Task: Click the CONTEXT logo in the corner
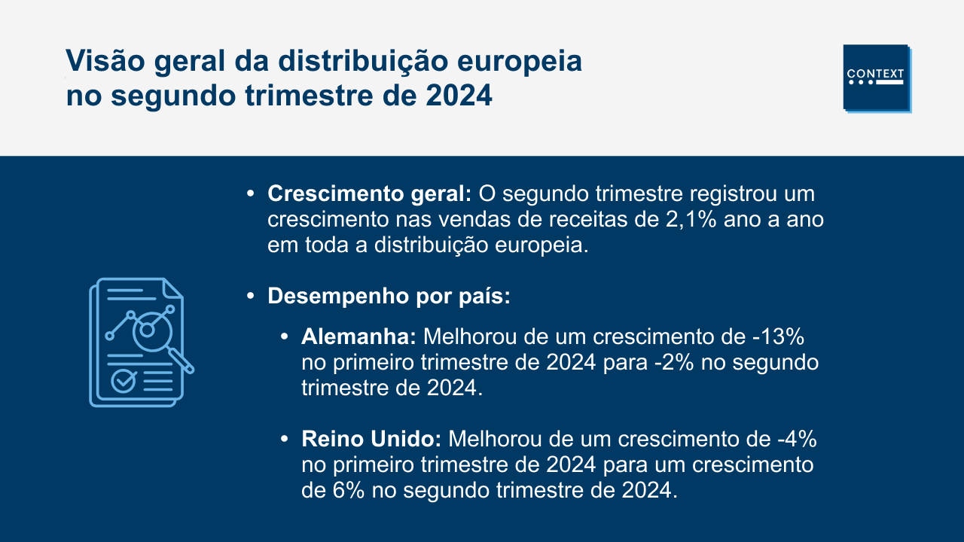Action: click(x=877, y=79)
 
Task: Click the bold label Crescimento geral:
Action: click(x=370, y=194)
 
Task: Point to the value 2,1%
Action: click(x=691, y=220)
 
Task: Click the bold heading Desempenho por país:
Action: click(x=389, y=297)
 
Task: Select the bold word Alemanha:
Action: click(x=358, y=336)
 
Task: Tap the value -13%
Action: click(x=778, y=336)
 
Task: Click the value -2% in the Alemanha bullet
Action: click(x=674, y=362)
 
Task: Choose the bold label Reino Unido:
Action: click(x=371, y=439)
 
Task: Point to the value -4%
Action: click(x=797, y=439)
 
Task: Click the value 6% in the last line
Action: click(x=349, y=490)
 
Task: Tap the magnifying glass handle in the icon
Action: click(x=182, y=361)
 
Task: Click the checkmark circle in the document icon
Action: click(x=123, y=381)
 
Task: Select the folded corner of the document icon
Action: click(x=173, y=288)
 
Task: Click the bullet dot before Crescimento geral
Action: click(x=251, y=194)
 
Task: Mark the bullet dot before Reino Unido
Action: click(x=284, y=439)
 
